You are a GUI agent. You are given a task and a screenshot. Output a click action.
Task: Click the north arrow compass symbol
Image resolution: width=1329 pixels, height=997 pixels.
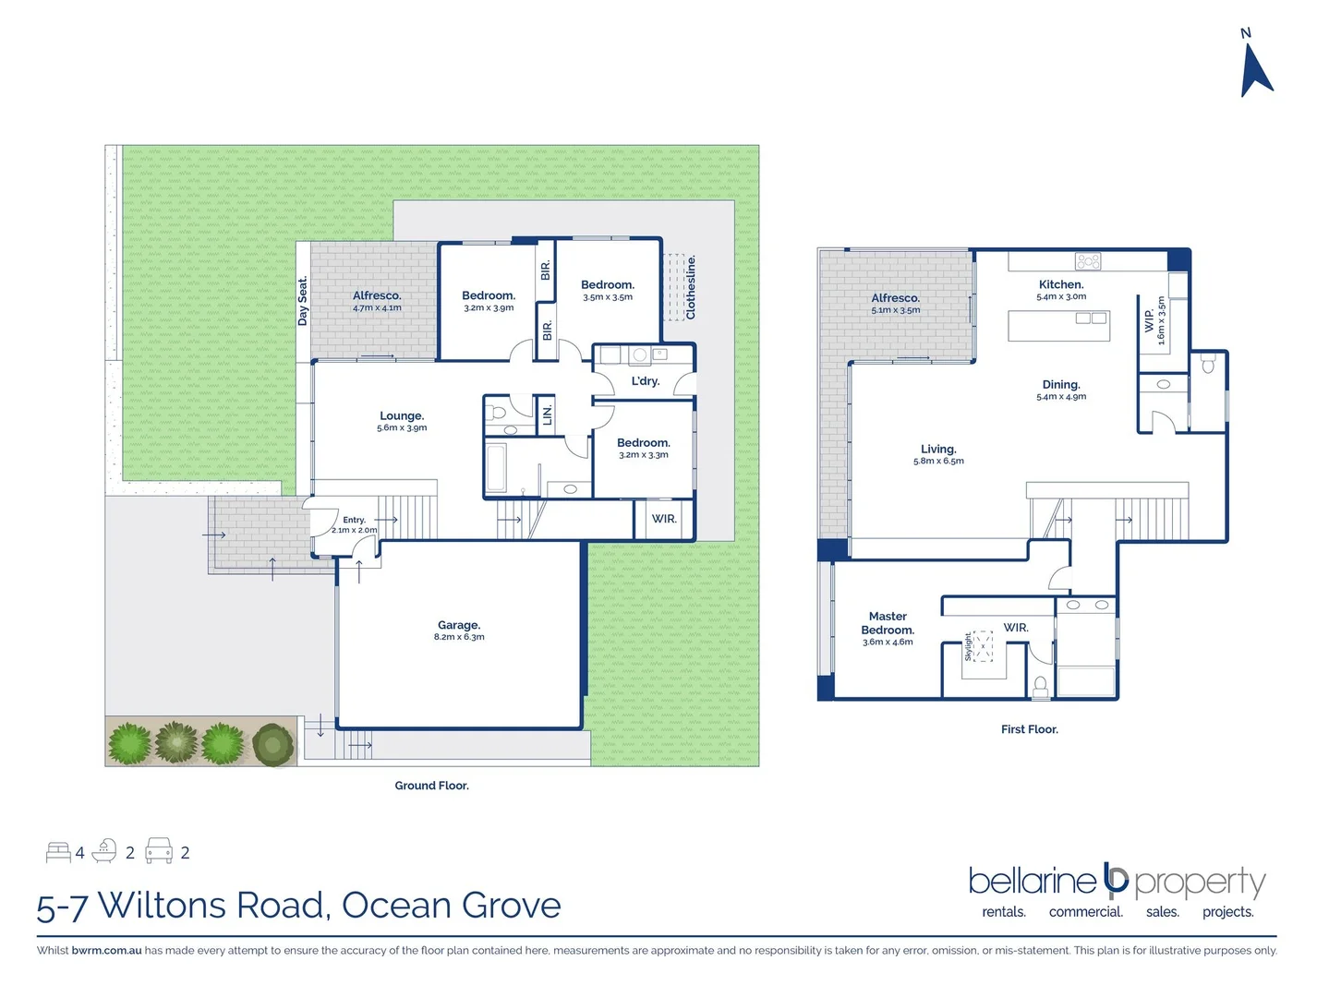point(1255,69)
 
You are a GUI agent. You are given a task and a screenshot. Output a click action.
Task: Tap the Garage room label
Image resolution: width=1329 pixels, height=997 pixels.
point(459,625)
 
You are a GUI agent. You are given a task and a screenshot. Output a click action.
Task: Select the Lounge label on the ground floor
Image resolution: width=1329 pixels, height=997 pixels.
point(402,416)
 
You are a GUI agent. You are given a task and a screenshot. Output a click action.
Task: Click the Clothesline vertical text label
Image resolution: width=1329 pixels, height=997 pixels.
point(691,287)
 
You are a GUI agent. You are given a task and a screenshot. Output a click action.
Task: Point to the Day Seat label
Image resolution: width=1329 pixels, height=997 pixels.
point(303,301)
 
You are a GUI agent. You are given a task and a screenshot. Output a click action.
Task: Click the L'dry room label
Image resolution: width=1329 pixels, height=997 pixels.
point(646,381)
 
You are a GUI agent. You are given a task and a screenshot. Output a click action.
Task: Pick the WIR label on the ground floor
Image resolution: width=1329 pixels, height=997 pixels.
point(664,519)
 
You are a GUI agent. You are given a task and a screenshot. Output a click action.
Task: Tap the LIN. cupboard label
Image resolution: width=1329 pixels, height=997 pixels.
point(548,414)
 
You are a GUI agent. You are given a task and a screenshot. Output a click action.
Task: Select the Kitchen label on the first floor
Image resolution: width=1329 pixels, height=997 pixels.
point(1060,285)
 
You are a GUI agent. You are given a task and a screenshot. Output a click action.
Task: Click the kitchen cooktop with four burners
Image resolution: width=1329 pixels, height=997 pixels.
point(1088,261)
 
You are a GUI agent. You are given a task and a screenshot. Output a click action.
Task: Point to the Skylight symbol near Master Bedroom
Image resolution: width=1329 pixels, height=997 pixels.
point(981,646)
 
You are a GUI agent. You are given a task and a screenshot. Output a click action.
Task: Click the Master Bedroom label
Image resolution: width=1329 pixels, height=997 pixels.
point(888,623)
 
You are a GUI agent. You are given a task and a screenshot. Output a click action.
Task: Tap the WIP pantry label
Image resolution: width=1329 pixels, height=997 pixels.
point(1149,320)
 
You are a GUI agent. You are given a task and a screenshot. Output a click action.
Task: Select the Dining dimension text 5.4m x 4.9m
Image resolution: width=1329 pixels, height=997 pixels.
point(1061,397)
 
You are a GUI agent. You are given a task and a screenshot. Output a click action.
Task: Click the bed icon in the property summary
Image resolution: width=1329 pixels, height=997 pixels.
point(58,852)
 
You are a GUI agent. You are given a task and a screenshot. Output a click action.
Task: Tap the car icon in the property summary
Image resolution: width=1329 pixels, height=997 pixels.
point(159,851)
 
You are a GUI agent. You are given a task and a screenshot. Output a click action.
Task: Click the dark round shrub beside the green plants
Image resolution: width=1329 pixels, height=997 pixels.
point(272,744)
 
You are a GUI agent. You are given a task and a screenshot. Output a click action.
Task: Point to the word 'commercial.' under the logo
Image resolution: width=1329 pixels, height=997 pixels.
point(1085,912)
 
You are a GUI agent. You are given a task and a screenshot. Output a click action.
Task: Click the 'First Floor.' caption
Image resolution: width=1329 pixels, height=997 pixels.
point(1029,729)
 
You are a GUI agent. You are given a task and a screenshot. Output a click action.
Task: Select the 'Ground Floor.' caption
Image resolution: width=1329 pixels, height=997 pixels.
point(431,786)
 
